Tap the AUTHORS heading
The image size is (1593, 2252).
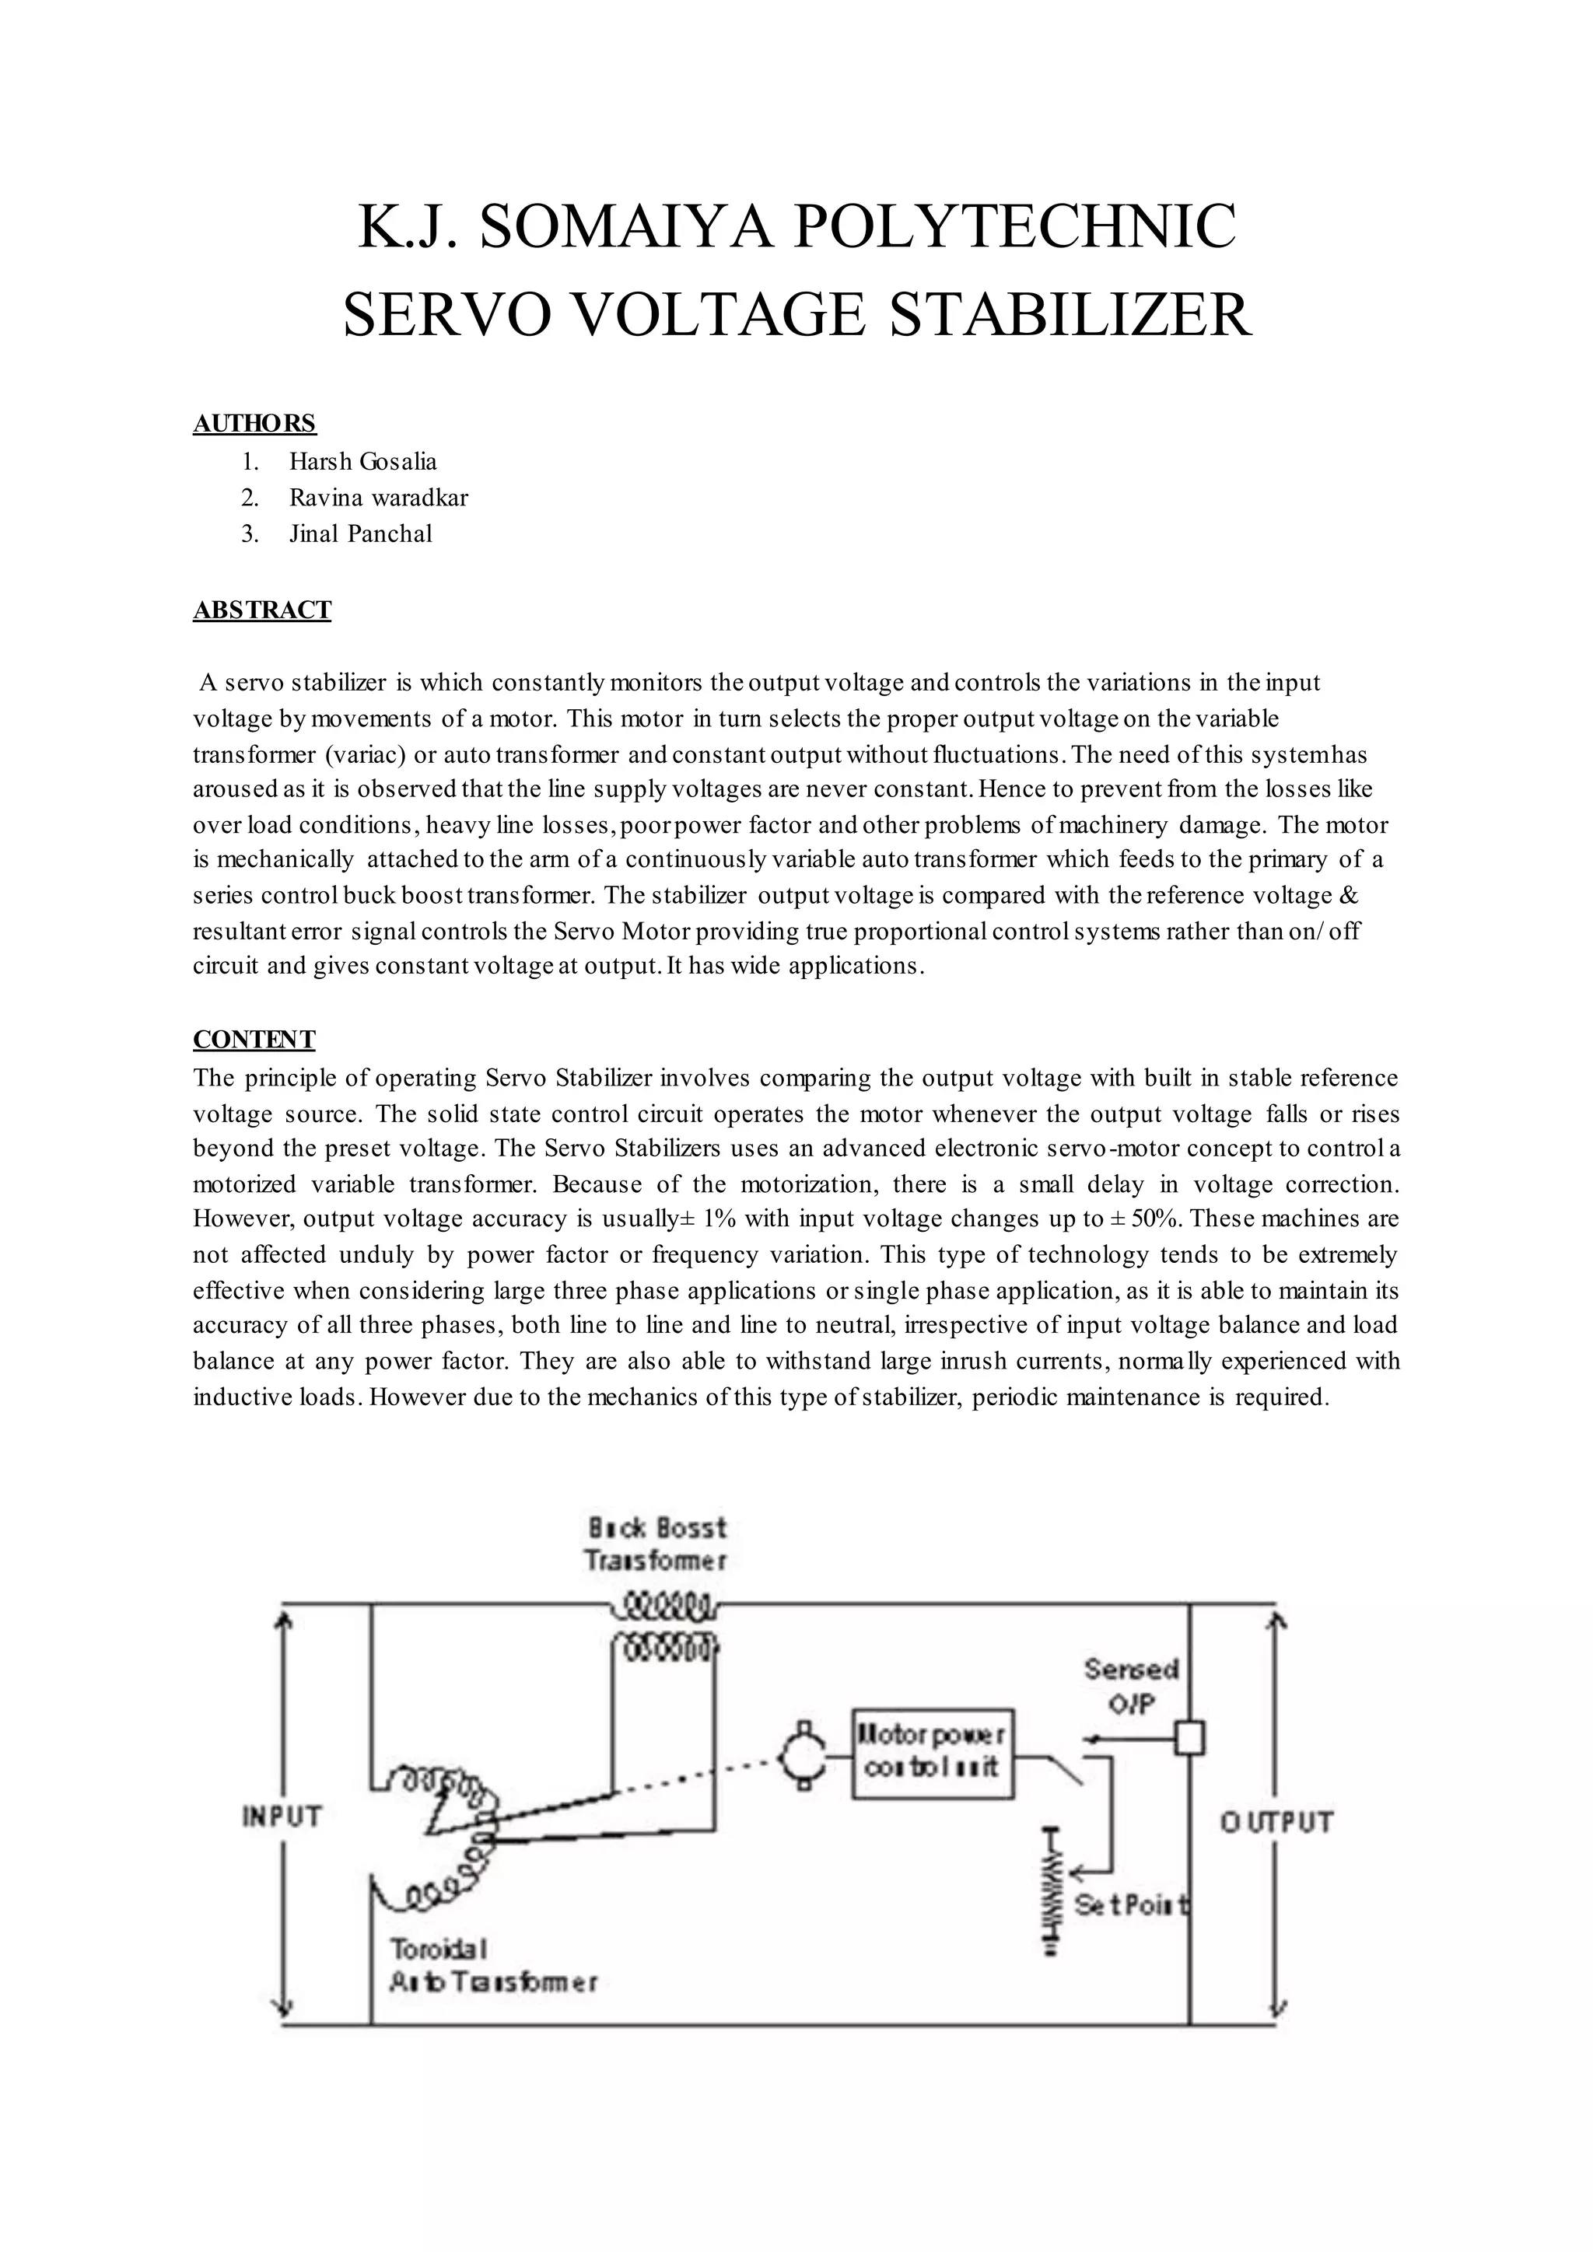coord(254,424)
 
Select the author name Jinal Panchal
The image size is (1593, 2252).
coord(360,533)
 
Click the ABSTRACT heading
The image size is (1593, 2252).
coord(262,610)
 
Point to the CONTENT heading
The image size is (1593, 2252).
coord(254,1040)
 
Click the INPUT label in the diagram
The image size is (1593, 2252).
coord(282,1817)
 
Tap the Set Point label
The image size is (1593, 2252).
coord(1132,1904)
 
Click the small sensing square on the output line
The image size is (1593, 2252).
coord(1190,1738)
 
